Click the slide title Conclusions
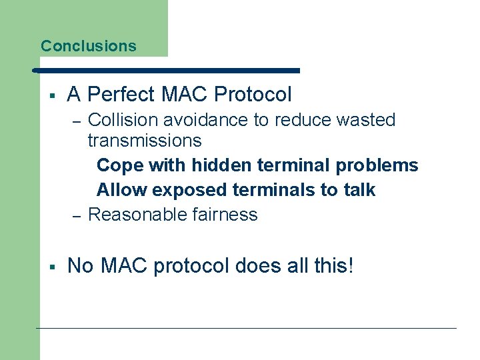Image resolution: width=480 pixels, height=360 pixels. click(88, 46)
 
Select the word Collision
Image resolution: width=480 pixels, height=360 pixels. click(117, 120)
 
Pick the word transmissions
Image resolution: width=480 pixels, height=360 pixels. click(145, 141)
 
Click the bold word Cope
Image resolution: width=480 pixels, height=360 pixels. click(120, 165)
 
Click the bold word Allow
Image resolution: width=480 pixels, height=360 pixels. click(122, 190)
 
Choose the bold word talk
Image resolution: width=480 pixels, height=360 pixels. click(359, 190)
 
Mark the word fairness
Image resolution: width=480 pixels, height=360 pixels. click(226, 215)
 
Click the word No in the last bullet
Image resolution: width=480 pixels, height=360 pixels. click(81, 266)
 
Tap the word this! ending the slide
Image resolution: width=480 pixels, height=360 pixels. click(331, 266)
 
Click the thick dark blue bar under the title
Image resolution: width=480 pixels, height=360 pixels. click(167, 70)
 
